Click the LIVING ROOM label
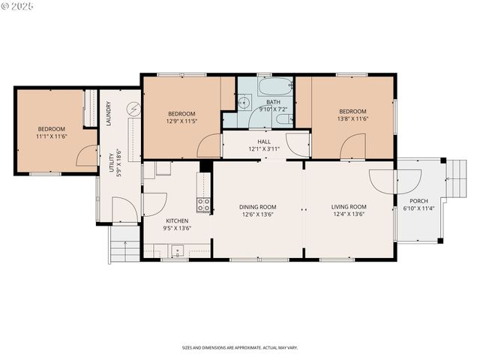pyautogui.click(x=349, y=207)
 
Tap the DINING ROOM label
pyautogui.click(x=258, y=207)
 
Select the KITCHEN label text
pyautogui.click(x=177, y=220)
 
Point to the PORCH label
pyautogui.click(x=418, y=200)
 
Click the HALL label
pyautogui.click(x=264, y=141)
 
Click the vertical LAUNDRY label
pyautogui.click(x=109, y=113)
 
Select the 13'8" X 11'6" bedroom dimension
pyautogui.click(x=352, y=118)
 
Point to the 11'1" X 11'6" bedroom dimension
pyautogui.click(x=52, y=136)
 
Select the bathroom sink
pyautogui.click(x=244, y=103)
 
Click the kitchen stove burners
pyautogui.click(x=202, y=203)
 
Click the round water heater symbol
pyautogui.click(x=133, y=109)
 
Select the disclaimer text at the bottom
pyautogui.click(x=239, y=348)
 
